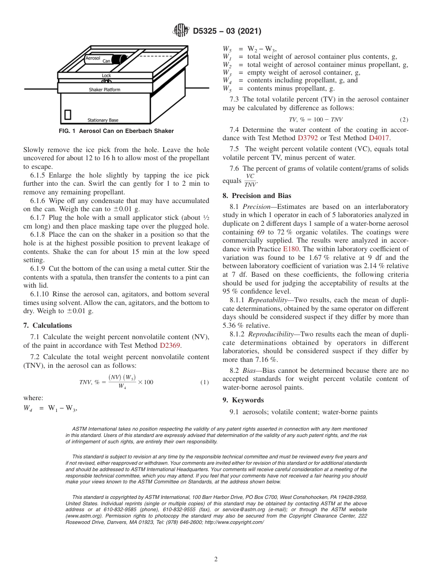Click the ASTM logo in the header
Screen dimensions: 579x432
pos(181,31)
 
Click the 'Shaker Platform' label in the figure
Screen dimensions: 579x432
pos(105,90)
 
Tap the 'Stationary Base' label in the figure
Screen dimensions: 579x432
pos(103,120)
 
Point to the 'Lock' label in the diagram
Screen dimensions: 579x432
pos(106,76)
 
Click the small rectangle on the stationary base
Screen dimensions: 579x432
pos(68,114)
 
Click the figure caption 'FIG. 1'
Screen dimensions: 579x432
pos(68,131)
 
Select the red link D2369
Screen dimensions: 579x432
pos(170,345)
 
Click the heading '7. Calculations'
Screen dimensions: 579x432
pos(47,325)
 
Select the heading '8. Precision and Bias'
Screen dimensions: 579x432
pos(256,196)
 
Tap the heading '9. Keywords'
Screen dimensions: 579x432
pos(243,400)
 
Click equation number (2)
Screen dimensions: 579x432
pos(404,120)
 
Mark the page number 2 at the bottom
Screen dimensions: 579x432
pos(216,559)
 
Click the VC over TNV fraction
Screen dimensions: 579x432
pos(250,180)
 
